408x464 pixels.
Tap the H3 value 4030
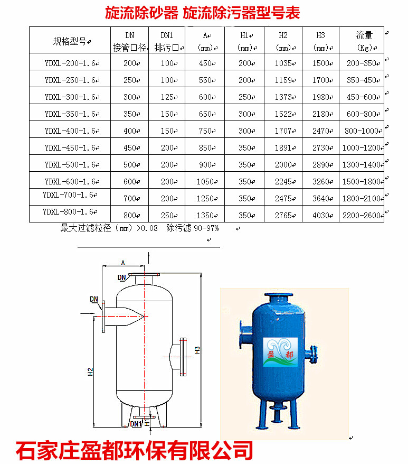click(321, 216)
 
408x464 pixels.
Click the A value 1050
click(205, 181)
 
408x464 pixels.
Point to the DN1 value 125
click(167, 97)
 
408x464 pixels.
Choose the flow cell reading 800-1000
click(362, 131)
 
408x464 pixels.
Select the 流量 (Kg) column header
click(364, 41)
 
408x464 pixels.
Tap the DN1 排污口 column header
click(167, 41)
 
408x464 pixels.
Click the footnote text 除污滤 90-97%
click(193, 228)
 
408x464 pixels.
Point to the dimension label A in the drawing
click(123, 263)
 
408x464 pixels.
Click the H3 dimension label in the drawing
click(197, 350)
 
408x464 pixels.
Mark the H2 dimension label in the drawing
click(90, 372)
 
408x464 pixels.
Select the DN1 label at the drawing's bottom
click(136, 424)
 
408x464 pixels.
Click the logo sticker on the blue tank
click(280, 352)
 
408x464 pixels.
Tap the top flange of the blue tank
click(279, 295)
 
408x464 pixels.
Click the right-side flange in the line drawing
click(183, 357)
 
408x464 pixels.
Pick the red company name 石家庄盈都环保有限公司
click(134, 451)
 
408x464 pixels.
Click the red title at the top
click(203, 13)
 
